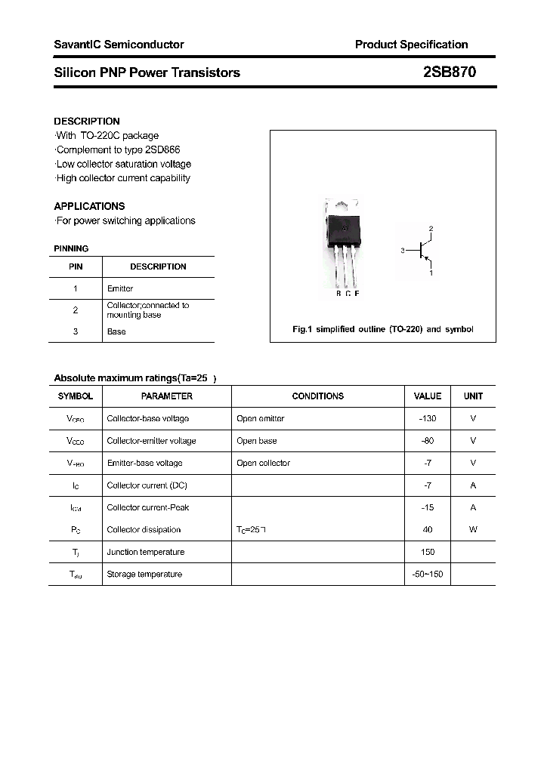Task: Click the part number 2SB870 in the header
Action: click(449, 72)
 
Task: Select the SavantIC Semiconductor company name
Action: click(119, 45)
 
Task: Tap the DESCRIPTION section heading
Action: click(87, 121)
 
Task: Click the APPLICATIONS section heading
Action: click(89, 206)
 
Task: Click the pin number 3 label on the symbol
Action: click(403, 250)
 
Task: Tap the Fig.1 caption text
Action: click(382, 329)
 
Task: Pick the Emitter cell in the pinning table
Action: click(120, 288)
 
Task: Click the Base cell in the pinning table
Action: click(116, 331)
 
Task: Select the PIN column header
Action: click(76, 266)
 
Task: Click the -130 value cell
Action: click(428, 418)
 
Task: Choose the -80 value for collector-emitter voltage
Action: click(428, 441)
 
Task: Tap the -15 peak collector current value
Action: click(428, 507)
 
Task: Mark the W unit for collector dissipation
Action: click(473, 530)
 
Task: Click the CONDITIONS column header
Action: click(317, 396)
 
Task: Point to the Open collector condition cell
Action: click(263, 463)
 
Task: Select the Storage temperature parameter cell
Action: click(144, 575)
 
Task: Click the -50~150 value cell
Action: click(428, 575)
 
